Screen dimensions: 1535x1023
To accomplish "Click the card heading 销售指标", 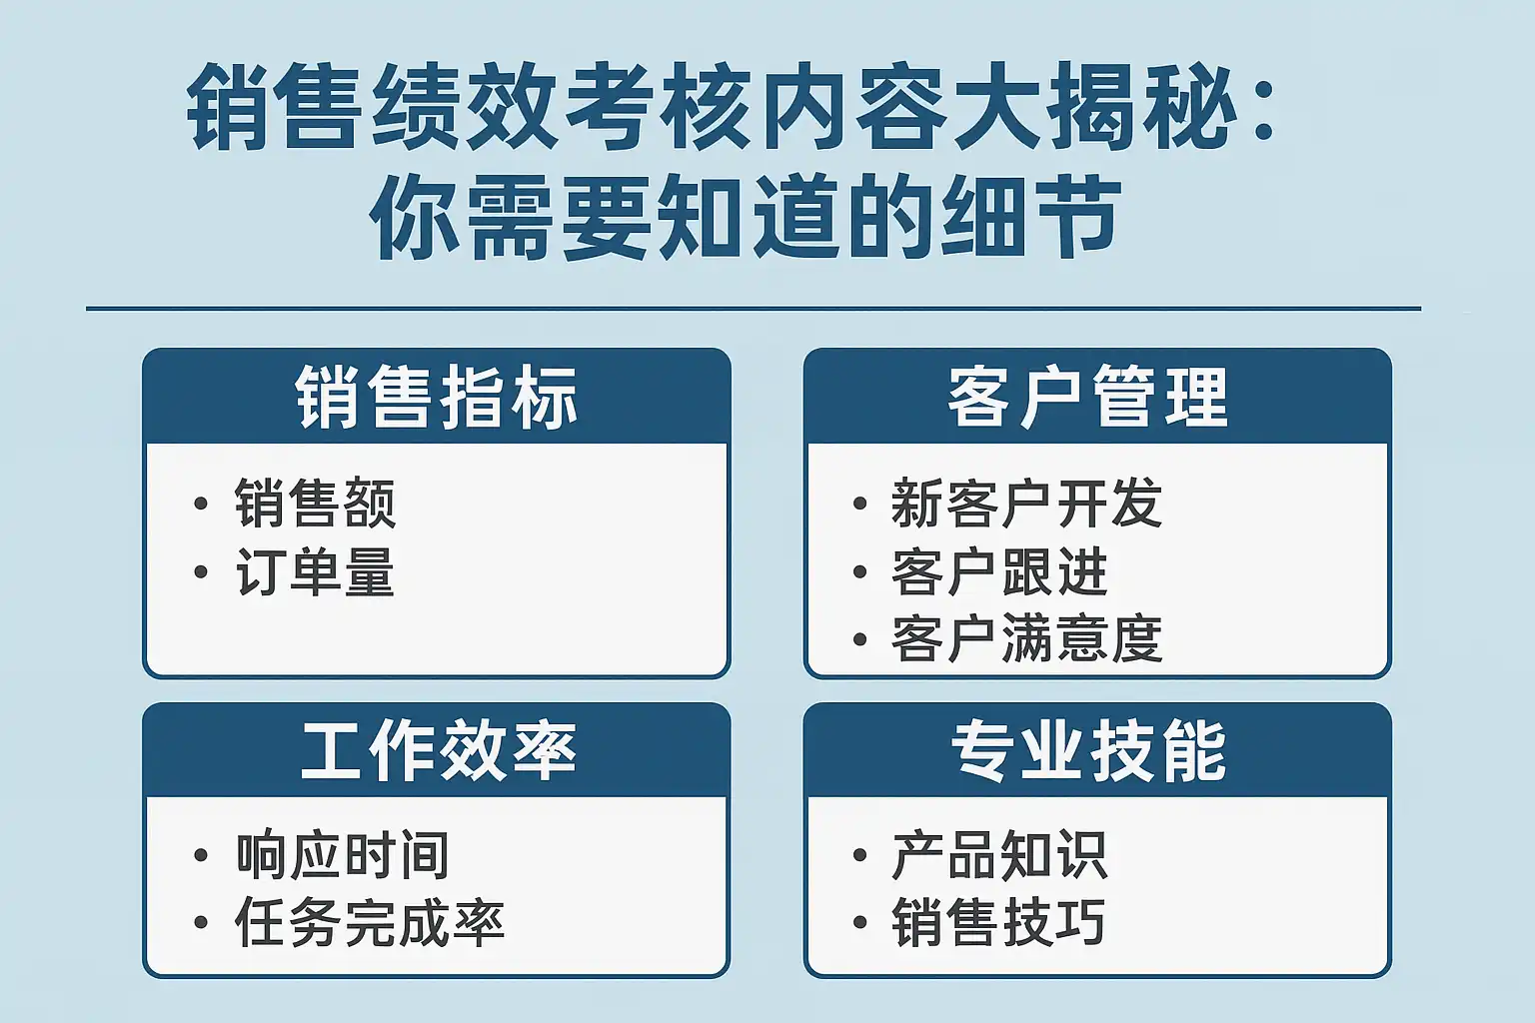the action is point(437,398).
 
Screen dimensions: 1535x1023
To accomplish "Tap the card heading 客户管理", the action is point(1087,398).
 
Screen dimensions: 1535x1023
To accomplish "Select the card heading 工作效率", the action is point(439,751).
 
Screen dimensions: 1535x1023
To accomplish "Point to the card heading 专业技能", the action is point(1088,751).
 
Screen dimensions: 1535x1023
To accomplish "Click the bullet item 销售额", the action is point(315,503).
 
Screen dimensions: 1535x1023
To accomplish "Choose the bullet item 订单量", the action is point(315,571).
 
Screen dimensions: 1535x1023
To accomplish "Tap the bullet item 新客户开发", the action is point(1026,503).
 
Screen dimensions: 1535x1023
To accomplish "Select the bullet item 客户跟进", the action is point(999,571).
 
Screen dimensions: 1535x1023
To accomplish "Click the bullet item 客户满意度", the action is point(1026,638).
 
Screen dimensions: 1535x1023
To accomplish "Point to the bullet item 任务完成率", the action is point(370,922).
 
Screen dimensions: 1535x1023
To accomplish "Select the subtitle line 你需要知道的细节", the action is point(746,216).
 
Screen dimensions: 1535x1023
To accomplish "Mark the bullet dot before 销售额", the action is point(201,504).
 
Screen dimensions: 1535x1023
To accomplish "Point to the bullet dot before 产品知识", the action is point(860,855).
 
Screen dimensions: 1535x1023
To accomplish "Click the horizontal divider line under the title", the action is point(754,309).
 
